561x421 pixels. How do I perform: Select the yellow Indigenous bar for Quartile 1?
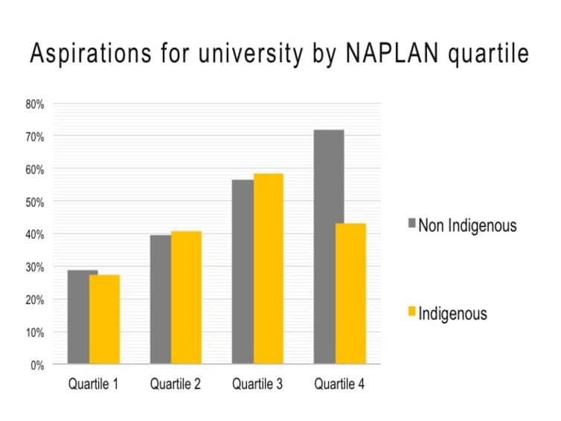(104, 320)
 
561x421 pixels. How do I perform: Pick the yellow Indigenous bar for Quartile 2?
(186, 298)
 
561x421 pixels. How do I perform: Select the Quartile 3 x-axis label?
(257, 385)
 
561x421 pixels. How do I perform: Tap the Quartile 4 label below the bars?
(339, 385)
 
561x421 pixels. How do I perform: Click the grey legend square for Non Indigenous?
(411, 223)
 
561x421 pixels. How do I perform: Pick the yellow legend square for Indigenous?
(411, 311)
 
